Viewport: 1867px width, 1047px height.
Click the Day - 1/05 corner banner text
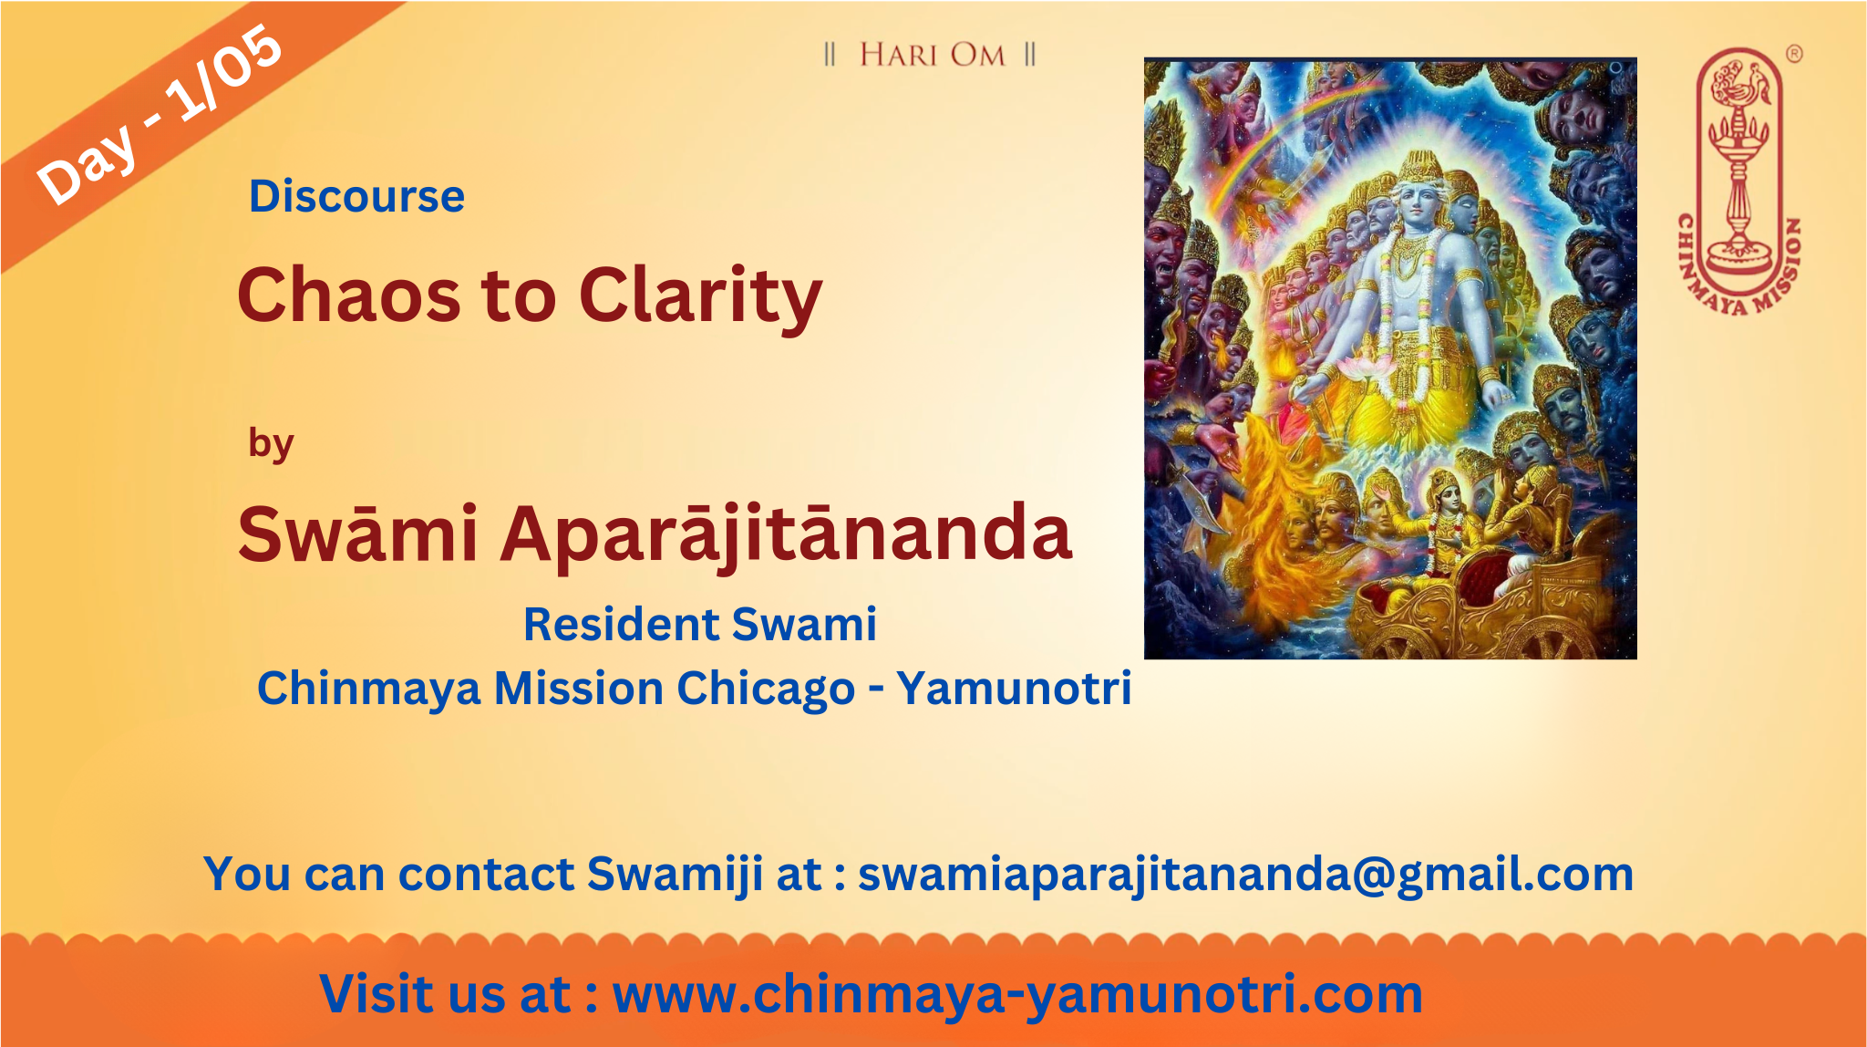pos(160,113)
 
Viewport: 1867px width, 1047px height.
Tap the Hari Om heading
pos(931,55)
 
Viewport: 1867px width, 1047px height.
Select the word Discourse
pos(356,196)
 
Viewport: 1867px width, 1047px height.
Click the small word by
pos(271,444)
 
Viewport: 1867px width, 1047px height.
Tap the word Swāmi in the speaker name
pos(357,534)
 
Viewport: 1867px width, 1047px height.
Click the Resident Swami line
pos(700,625)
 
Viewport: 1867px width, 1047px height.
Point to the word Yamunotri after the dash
pos(1014,688)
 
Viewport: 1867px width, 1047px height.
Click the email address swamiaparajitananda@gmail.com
pos(1245,876)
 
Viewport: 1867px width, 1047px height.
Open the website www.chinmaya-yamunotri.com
pos(1017,995)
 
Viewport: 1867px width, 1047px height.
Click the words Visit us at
pos(446,994)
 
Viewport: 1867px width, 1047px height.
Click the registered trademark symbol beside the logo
pos(1793,54)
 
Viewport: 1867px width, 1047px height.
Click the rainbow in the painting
pos(1276,146)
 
